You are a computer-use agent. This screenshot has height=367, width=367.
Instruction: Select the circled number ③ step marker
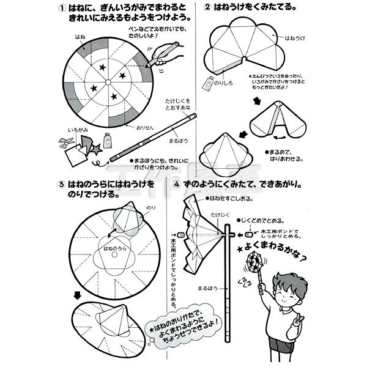(x=61, y=183)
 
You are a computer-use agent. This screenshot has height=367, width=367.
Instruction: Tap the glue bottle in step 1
(x=108, y=140)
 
